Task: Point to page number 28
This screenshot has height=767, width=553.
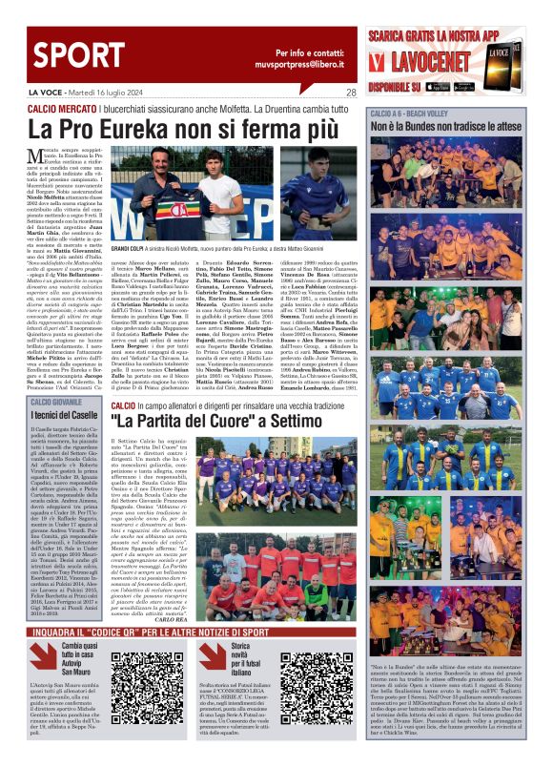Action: point(351,93)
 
